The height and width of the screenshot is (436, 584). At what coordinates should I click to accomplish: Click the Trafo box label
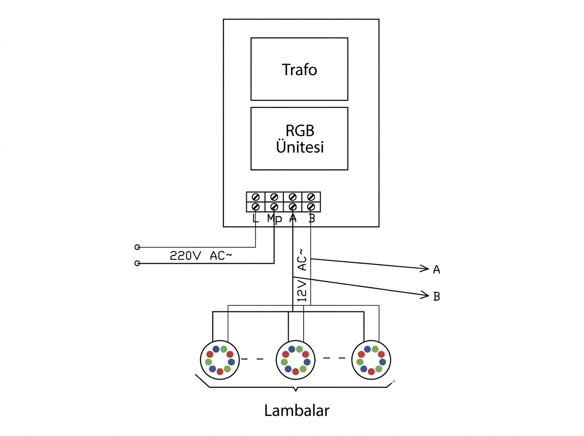point(299,70)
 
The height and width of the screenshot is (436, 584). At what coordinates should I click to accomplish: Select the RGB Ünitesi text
point(300,139)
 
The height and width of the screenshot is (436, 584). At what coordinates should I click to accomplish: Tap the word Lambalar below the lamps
point(296,411)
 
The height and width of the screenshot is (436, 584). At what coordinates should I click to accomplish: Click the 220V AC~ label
point(201,255)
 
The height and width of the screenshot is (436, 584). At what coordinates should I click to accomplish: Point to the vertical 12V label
point(302,291)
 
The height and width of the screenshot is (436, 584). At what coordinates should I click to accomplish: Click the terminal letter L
point(255,218)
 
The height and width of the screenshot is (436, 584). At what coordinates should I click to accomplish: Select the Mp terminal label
point(274,218)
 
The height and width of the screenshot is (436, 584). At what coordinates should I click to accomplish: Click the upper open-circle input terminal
point(137,247)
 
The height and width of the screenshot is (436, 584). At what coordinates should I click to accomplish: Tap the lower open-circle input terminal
point(137,263)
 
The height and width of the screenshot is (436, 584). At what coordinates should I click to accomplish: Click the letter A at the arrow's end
point(437,270)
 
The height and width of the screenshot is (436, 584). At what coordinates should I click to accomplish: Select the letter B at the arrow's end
point(437,296)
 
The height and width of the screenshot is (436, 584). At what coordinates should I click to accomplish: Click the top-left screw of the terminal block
point(255,197)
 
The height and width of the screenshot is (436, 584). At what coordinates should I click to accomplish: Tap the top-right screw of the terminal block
point(311,197)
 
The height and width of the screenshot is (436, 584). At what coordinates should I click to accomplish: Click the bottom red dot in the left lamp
point(220,371)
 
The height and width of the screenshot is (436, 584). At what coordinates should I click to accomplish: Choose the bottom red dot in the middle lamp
point(295,371)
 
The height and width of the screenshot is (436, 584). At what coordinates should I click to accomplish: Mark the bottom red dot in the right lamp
point(371,371)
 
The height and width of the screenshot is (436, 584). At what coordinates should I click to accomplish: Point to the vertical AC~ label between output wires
point(303,260)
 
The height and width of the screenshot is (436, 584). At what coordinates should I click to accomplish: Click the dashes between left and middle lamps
point(252,359)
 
